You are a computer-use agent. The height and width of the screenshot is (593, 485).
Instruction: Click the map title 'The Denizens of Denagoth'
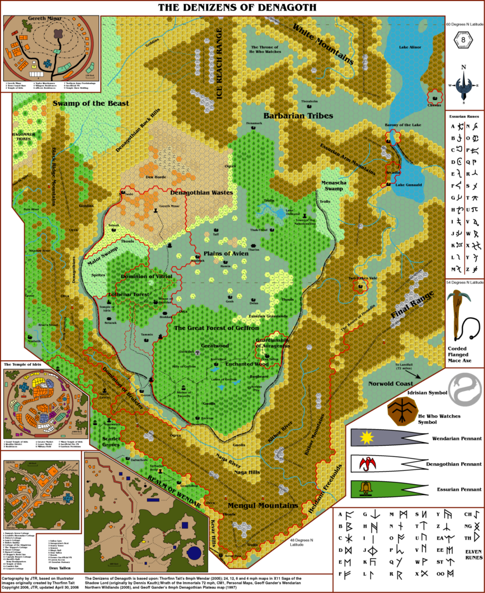point(238,8)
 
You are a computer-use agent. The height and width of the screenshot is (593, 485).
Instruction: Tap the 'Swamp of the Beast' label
point(90,103)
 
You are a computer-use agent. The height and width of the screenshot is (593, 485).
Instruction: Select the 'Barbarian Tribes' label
point(298,116)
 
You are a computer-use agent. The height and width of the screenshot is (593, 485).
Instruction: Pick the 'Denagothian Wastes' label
point(201,192)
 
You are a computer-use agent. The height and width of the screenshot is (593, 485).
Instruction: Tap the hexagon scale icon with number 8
point(462,41)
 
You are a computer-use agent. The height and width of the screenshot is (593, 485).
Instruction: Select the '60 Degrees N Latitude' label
point(464,24)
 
